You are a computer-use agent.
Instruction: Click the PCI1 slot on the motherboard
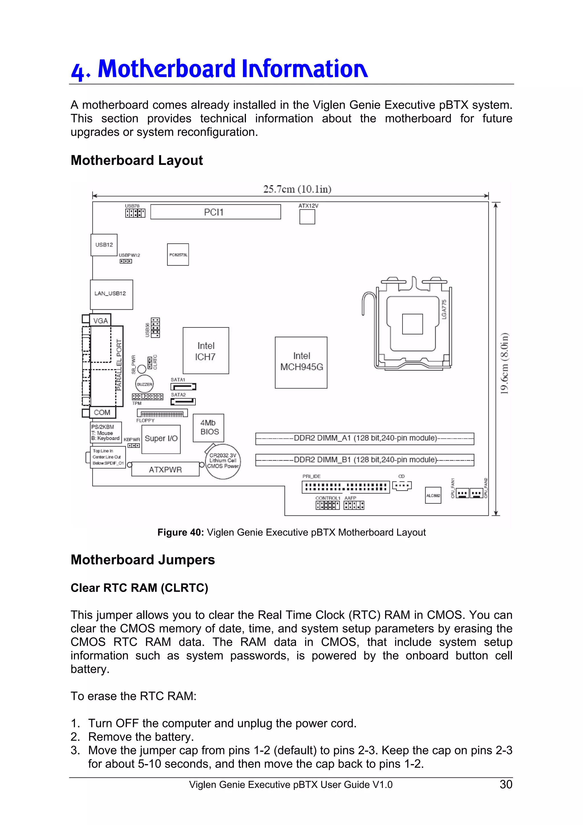click(215, 212)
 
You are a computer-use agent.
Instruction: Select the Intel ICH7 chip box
click(206, 351)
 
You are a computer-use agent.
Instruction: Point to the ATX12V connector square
click(307, 217)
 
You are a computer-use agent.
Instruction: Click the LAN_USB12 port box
click(111, 294)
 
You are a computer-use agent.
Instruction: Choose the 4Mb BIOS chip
click(208, 428)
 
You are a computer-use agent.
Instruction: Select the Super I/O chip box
click(161, 439)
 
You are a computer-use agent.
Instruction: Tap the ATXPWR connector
click(165, 469)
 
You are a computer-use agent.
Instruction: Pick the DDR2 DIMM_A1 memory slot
click(365, 438)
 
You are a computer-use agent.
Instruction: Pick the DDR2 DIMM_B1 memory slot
click(365, 460)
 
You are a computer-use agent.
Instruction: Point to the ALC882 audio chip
click(433, 495)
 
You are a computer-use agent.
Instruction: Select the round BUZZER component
click(144, 384)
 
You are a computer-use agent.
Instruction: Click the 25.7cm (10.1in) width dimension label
click(297, 189)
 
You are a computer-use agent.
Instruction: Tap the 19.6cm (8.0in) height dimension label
click(505, 363)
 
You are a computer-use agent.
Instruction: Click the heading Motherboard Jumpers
click(143, 560)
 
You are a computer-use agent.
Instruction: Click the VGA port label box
click(100, 321)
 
